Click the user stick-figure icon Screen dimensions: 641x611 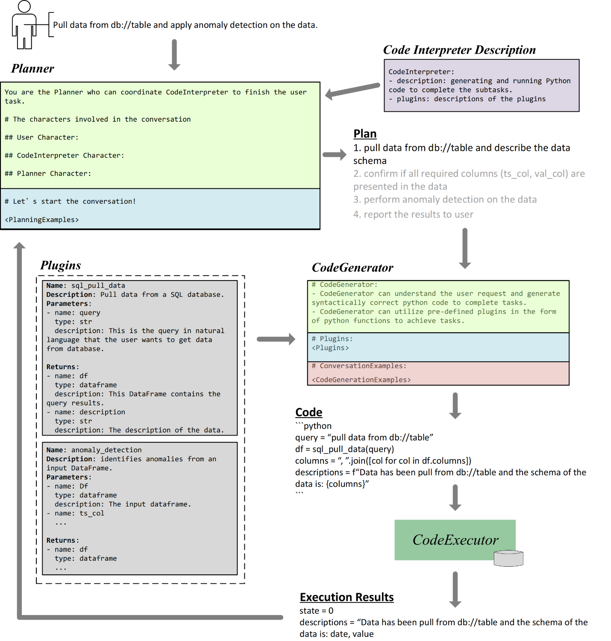24,25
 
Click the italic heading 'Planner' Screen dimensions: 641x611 32,68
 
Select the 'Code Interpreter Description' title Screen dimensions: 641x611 459,50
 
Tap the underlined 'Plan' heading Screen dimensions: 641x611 364,134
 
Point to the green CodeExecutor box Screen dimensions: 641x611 455,540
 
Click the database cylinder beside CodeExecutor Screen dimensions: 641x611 508,558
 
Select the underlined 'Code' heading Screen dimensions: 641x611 308,412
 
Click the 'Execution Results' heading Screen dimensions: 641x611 347,597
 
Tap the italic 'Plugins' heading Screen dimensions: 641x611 60,265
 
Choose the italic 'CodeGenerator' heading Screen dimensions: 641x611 352,267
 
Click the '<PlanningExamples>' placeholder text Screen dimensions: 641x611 41,220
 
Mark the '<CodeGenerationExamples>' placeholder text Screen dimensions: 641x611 361,380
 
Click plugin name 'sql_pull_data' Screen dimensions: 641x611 98,286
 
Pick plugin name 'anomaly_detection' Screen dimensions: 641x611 106,450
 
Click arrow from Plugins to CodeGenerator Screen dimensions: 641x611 276,339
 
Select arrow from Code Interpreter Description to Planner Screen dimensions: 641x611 352,90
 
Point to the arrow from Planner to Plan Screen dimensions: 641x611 334,155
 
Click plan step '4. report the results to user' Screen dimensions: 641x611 413,214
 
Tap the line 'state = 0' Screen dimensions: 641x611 316,611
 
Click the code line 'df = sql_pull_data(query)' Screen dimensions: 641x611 344,449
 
